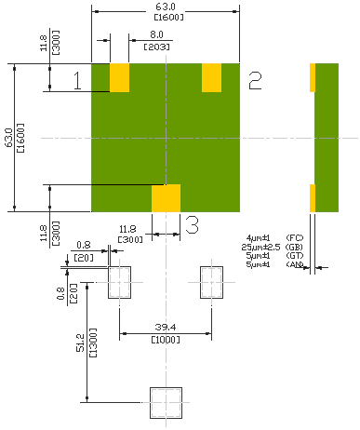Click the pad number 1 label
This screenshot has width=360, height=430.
point(78,82)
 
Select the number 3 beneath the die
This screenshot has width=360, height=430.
point(192,224)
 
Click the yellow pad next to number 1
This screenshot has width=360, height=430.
point(119,78)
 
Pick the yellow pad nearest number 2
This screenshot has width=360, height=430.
point(211,78)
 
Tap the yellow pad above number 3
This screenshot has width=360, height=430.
point(166,197)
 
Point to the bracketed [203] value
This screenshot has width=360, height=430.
point(148,47)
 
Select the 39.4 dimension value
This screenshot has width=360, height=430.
point(167,328)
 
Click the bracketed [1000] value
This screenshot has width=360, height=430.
point(167,340)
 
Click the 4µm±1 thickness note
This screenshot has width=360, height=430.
point(258,239)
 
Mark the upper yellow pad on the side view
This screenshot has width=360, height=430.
point(313,78)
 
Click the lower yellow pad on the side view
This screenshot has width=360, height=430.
point(313,197)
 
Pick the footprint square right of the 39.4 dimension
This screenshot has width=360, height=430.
point(211,282)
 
